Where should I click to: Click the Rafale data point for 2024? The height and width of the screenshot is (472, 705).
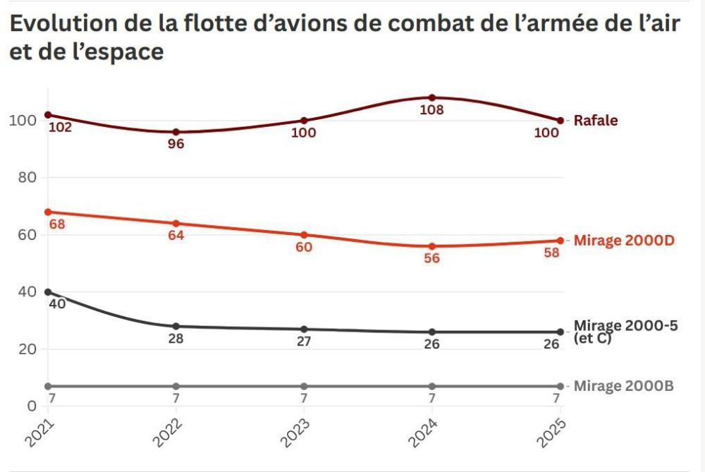(432, 97)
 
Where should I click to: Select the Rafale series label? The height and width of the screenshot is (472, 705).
(596, 120)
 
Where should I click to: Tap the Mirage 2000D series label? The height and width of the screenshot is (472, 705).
(624, 241)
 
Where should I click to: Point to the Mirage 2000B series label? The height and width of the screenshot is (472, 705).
(624, 386)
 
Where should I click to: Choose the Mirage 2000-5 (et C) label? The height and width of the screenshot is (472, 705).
(625, 332)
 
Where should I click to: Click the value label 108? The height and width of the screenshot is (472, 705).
(431, 110)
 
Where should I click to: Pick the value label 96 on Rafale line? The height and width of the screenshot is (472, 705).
(176, 143)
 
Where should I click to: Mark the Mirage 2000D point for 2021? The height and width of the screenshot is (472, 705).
(48, 212)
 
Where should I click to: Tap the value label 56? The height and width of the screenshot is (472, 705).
(431, 258)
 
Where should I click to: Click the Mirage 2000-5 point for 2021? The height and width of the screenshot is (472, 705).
(48, 292)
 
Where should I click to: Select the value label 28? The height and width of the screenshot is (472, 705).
(176, 339)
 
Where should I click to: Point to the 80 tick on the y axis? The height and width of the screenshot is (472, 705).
(27, 177)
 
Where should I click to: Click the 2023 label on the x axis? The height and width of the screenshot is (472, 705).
(295, 433)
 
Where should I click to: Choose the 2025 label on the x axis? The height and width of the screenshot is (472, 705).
(551, 433)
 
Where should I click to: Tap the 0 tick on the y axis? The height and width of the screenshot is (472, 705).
(32, 406)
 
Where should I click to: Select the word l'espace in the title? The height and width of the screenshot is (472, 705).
(118, 52)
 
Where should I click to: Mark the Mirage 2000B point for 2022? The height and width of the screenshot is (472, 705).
(176, 386)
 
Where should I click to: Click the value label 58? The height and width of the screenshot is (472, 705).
(552, 253)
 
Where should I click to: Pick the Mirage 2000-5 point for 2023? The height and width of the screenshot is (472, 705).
(304, 329)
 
